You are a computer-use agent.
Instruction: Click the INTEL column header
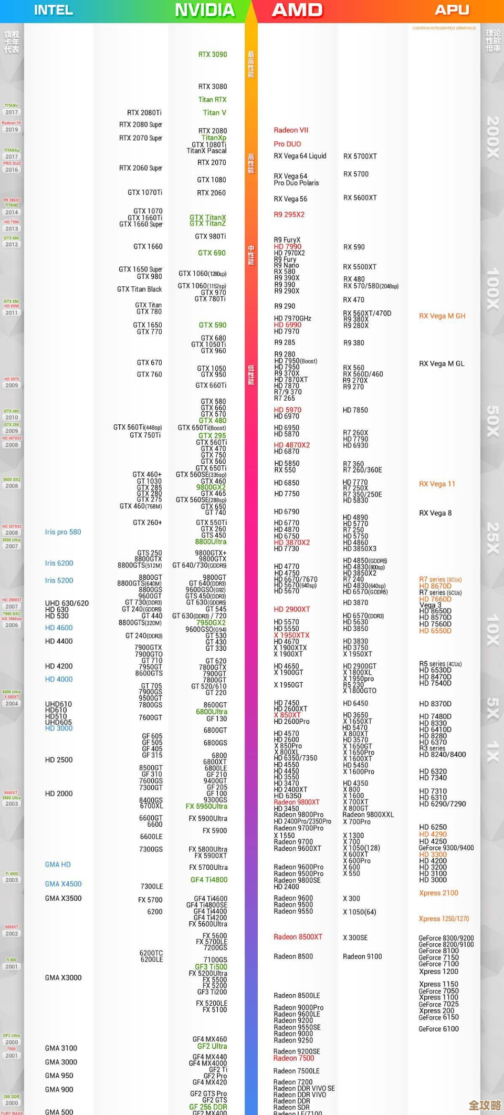[x=54, y=10]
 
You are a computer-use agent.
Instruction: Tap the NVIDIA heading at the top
[x=205, y=10]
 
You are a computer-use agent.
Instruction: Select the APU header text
[x=451, y=10]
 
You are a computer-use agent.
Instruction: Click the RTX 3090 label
[x=213, y=55]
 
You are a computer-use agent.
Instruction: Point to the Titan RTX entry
[x=213, y=100]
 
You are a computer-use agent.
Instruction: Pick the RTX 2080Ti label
[x=144, y=113]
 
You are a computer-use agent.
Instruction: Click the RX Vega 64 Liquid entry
[x=300, y=156]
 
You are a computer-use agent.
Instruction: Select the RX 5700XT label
[x=360, y=157]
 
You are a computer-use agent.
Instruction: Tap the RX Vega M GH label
[x=442, y=316]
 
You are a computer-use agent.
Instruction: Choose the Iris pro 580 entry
[x=63, y=532]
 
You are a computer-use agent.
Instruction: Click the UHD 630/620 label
[x=67, y=603]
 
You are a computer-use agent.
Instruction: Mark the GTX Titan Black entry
[x=140, y=289]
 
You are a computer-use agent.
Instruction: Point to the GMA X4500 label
[x=63, y=884]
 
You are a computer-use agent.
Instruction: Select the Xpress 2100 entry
[x=438, y=893]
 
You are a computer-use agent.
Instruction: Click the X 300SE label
[x=355, y=937]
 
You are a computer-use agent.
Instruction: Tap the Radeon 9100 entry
[x=362, y=956]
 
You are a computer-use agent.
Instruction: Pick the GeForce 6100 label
[x=438, y=1029]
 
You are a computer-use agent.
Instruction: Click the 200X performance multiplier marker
[x=492, y=138]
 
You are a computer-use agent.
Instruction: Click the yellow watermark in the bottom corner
[x=485, y=1105]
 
